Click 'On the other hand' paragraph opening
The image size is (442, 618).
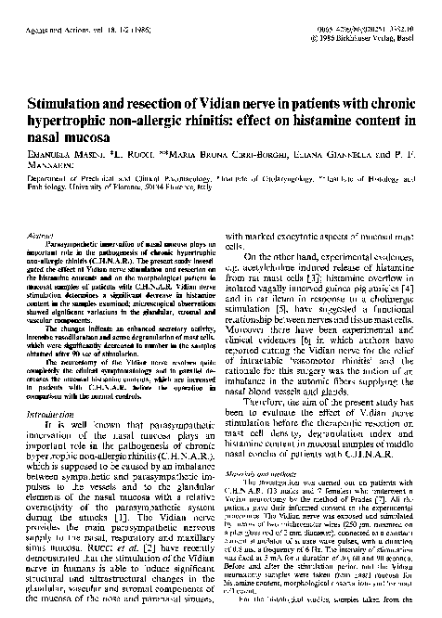coord(275,267)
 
